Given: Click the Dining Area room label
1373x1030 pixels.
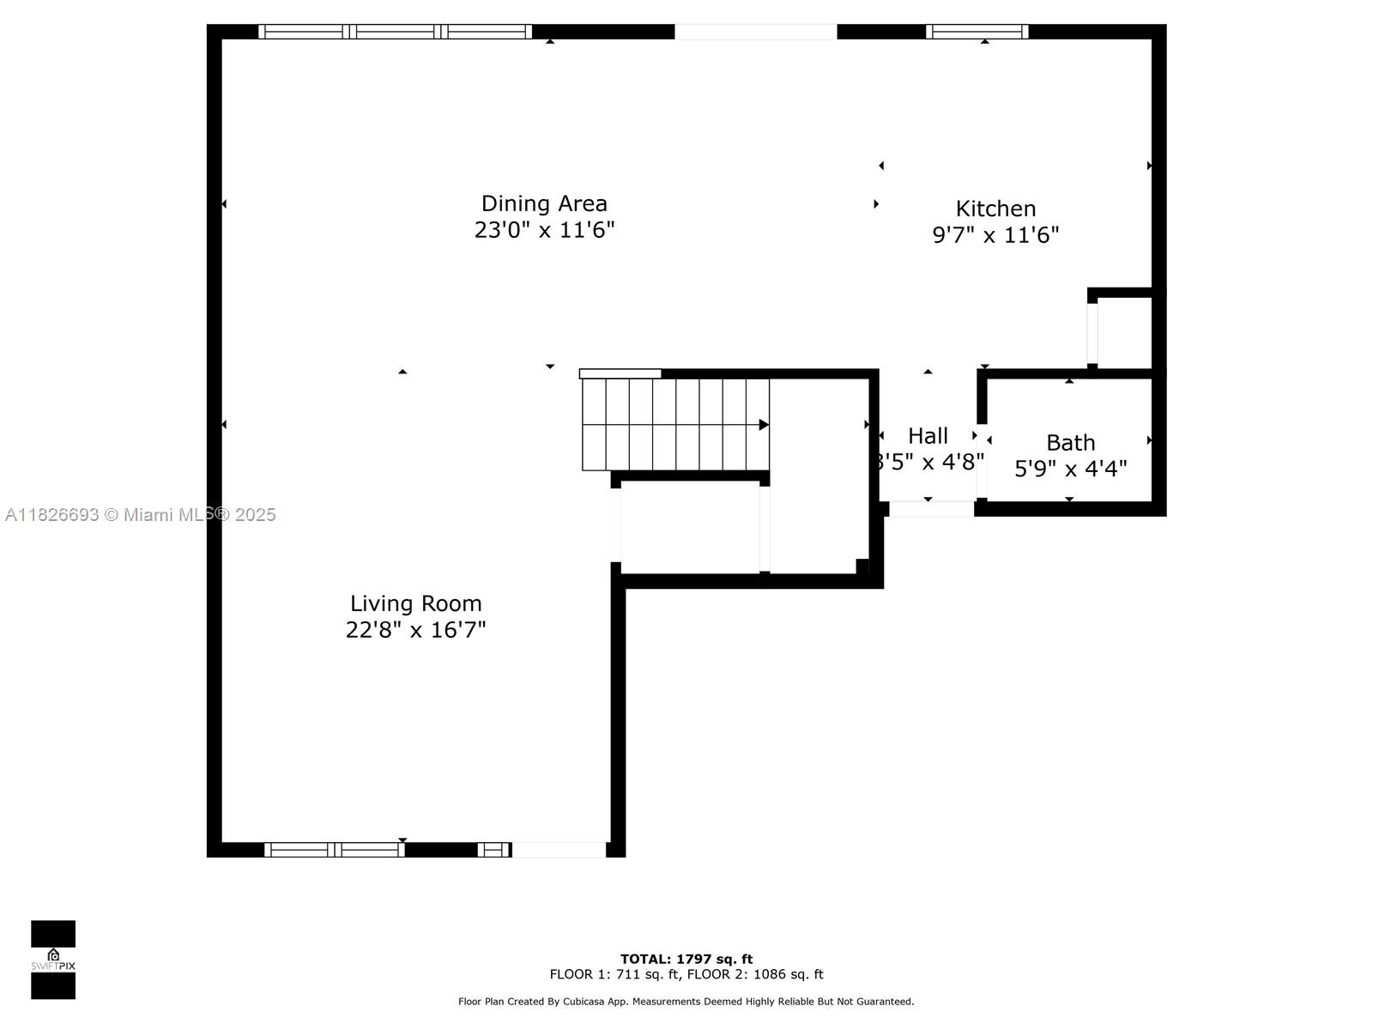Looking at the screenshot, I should (544, 203).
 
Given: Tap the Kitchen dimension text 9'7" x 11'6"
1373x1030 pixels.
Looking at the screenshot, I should (995, 235).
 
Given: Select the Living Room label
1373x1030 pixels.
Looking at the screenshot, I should (415, 603).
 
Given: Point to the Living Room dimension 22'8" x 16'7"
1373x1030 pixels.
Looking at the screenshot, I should (415, 630).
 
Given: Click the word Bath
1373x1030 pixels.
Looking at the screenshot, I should (1070, 443).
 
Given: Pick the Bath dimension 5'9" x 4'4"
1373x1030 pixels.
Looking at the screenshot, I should (1070, 469).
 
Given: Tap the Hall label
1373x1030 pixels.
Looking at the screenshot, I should (928, 436).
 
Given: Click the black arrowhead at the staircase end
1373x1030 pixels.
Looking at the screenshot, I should (764, 425).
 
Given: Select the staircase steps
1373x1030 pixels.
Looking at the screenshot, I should (674, 425).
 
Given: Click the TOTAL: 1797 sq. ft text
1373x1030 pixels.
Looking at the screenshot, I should (686, 959).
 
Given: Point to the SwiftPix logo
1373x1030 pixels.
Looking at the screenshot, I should (53, 960).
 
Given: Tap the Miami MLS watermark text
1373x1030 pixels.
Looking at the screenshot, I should (141, 515).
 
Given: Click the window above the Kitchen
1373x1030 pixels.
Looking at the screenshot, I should (977, 32).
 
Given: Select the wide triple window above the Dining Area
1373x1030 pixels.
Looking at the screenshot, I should (395, 32).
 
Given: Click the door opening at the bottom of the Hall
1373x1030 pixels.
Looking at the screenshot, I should (931, 509).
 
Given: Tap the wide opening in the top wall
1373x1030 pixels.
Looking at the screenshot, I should (755, 32).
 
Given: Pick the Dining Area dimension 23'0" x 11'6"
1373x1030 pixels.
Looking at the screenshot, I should (544, 230).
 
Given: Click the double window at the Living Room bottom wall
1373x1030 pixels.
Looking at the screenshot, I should (335, 850).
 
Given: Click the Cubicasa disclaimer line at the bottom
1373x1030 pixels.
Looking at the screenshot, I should (686, 1002).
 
